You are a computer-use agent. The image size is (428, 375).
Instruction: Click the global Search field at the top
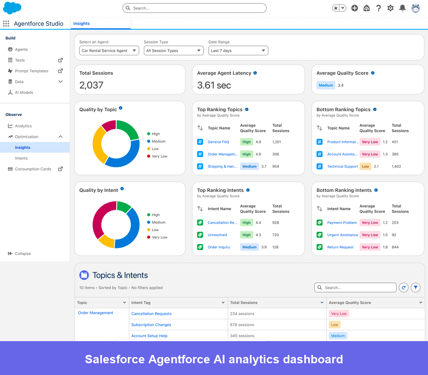pos(194,8)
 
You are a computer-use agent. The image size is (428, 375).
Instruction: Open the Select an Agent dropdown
pos(109,51)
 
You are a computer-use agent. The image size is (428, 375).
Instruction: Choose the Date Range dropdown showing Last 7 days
pos(238,51)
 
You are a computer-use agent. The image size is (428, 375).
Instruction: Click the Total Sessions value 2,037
pos(91,85)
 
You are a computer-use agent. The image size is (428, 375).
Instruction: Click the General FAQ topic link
pos(218,142)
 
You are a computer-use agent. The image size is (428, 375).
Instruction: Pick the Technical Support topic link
pos(342,166)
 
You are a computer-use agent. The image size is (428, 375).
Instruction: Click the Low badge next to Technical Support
pos(365,166)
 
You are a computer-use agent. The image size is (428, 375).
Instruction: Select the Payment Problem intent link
pos(342,223)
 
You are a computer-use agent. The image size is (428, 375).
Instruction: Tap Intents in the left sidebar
pos(21,158)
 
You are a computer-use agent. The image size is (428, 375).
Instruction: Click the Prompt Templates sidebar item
pos(31,71)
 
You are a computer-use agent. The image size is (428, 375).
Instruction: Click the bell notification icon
pos(402,8)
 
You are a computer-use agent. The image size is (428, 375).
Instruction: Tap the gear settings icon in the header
pos(390,8)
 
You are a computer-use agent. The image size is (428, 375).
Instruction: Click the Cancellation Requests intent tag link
pos(151,314)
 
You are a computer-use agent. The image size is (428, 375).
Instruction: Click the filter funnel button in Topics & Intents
pos(415,287)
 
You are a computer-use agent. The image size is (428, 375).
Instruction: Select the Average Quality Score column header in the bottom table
pos(350,303)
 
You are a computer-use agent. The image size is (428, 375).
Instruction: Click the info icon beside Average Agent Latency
pos(255,73)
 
